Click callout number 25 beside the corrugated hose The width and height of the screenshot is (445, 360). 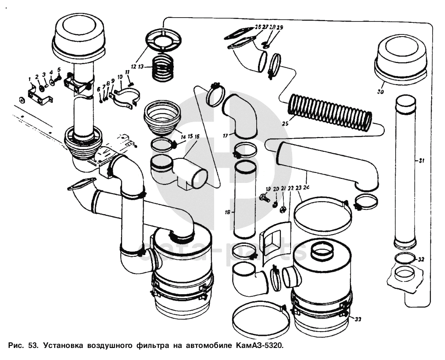click(x=285, y=124)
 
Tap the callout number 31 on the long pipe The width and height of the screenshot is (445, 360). click(x=421, y=160)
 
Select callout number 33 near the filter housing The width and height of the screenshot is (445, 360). click(x=358, y=319)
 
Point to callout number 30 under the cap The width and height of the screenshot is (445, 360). click(x=381, y=92)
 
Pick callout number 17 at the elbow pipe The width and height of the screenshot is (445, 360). click(x=225, y=135)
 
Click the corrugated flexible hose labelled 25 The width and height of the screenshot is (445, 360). click(x=330, y=113)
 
